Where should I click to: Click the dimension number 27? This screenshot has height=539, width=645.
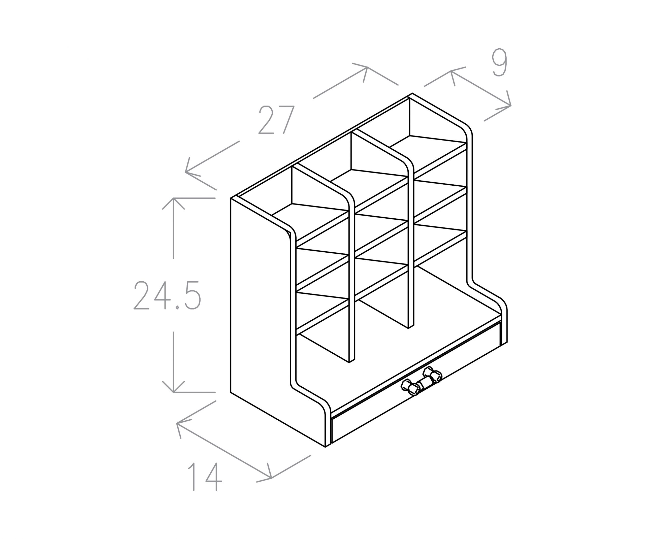pos(276,120)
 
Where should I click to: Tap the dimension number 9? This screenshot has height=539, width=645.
pos(499,62)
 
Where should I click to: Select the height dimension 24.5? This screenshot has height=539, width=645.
pos(167,295)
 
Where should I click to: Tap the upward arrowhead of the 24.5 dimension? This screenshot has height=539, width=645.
pos(174,203)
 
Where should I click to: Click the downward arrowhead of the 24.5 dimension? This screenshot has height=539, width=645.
pos(174,387)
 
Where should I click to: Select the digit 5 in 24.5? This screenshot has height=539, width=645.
pos(193,295)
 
